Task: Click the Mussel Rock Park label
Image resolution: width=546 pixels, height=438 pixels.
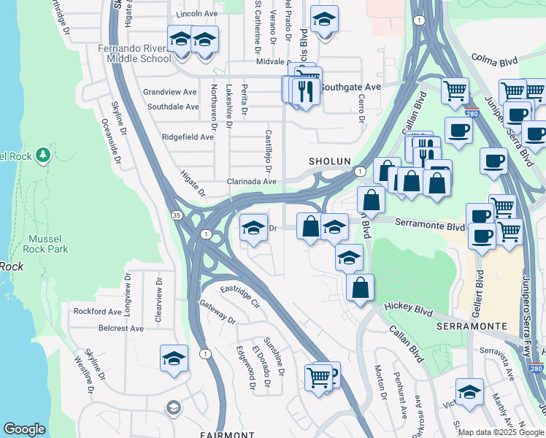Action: click(47, 244)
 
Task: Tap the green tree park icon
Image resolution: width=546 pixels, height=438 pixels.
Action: click(43, 155)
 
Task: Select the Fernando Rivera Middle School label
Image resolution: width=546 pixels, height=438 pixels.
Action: click(138, 53)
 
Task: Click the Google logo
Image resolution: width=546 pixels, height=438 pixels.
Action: click(24, 429)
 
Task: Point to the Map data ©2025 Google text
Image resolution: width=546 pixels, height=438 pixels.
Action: click(501, 432)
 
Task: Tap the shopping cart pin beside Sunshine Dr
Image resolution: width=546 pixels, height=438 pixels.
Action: click(318, 379)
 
